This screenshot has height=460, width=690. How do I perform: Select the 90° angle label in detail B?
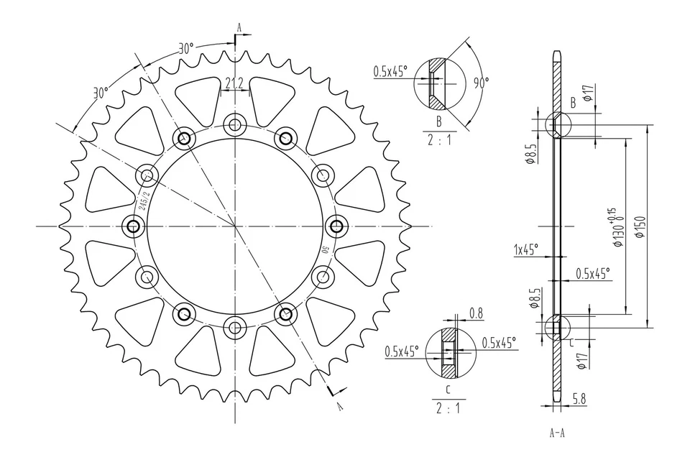pyautogui.click(x=480, y=83)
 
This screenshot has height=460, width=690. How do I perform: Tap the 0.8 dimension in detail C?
pyautogui.click(x=475, y=313)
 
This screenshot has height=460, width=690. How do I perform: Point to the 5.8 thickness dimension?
pyautogui.click(x=580, y=397)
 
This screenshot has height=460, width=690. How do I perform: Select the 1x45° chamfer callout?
pyautogui.click(x=526, y=251)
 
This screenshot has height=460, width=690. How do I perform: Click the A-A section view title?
pyautogui.click(x=557, y=433)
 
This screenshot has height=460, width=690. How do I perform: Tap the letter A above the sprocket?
pyautogui.click(x=240, y=29)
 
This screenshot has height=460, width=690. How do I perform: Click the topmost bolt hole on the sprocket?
pyautogui.click(x=234, y=124)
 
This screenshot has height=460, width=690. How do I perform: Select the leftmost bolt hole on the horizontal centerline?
pyautogui.click(x=133, y=226)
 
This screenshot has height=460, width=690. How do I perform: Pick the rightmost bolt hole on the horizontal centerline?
pyautogui.click(x=336, y=226)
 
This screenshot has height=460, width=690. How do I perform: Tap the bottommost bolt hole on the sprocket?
pyautogui.click(x=234, y=328)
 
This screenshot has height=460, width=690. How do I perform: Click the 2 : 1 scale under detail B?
pyautogui.click(x=438, y=141)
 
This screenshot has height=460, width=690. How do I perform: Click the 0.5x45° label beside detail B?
pyautogui.click(x=390, y=71)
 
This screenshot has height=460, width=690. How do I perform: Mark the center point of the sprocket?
pyautogui.click(x=234, y=226)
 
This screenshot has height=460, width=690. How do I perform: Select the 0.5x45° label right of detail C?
pyautogui.click(x=499, y=344)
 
